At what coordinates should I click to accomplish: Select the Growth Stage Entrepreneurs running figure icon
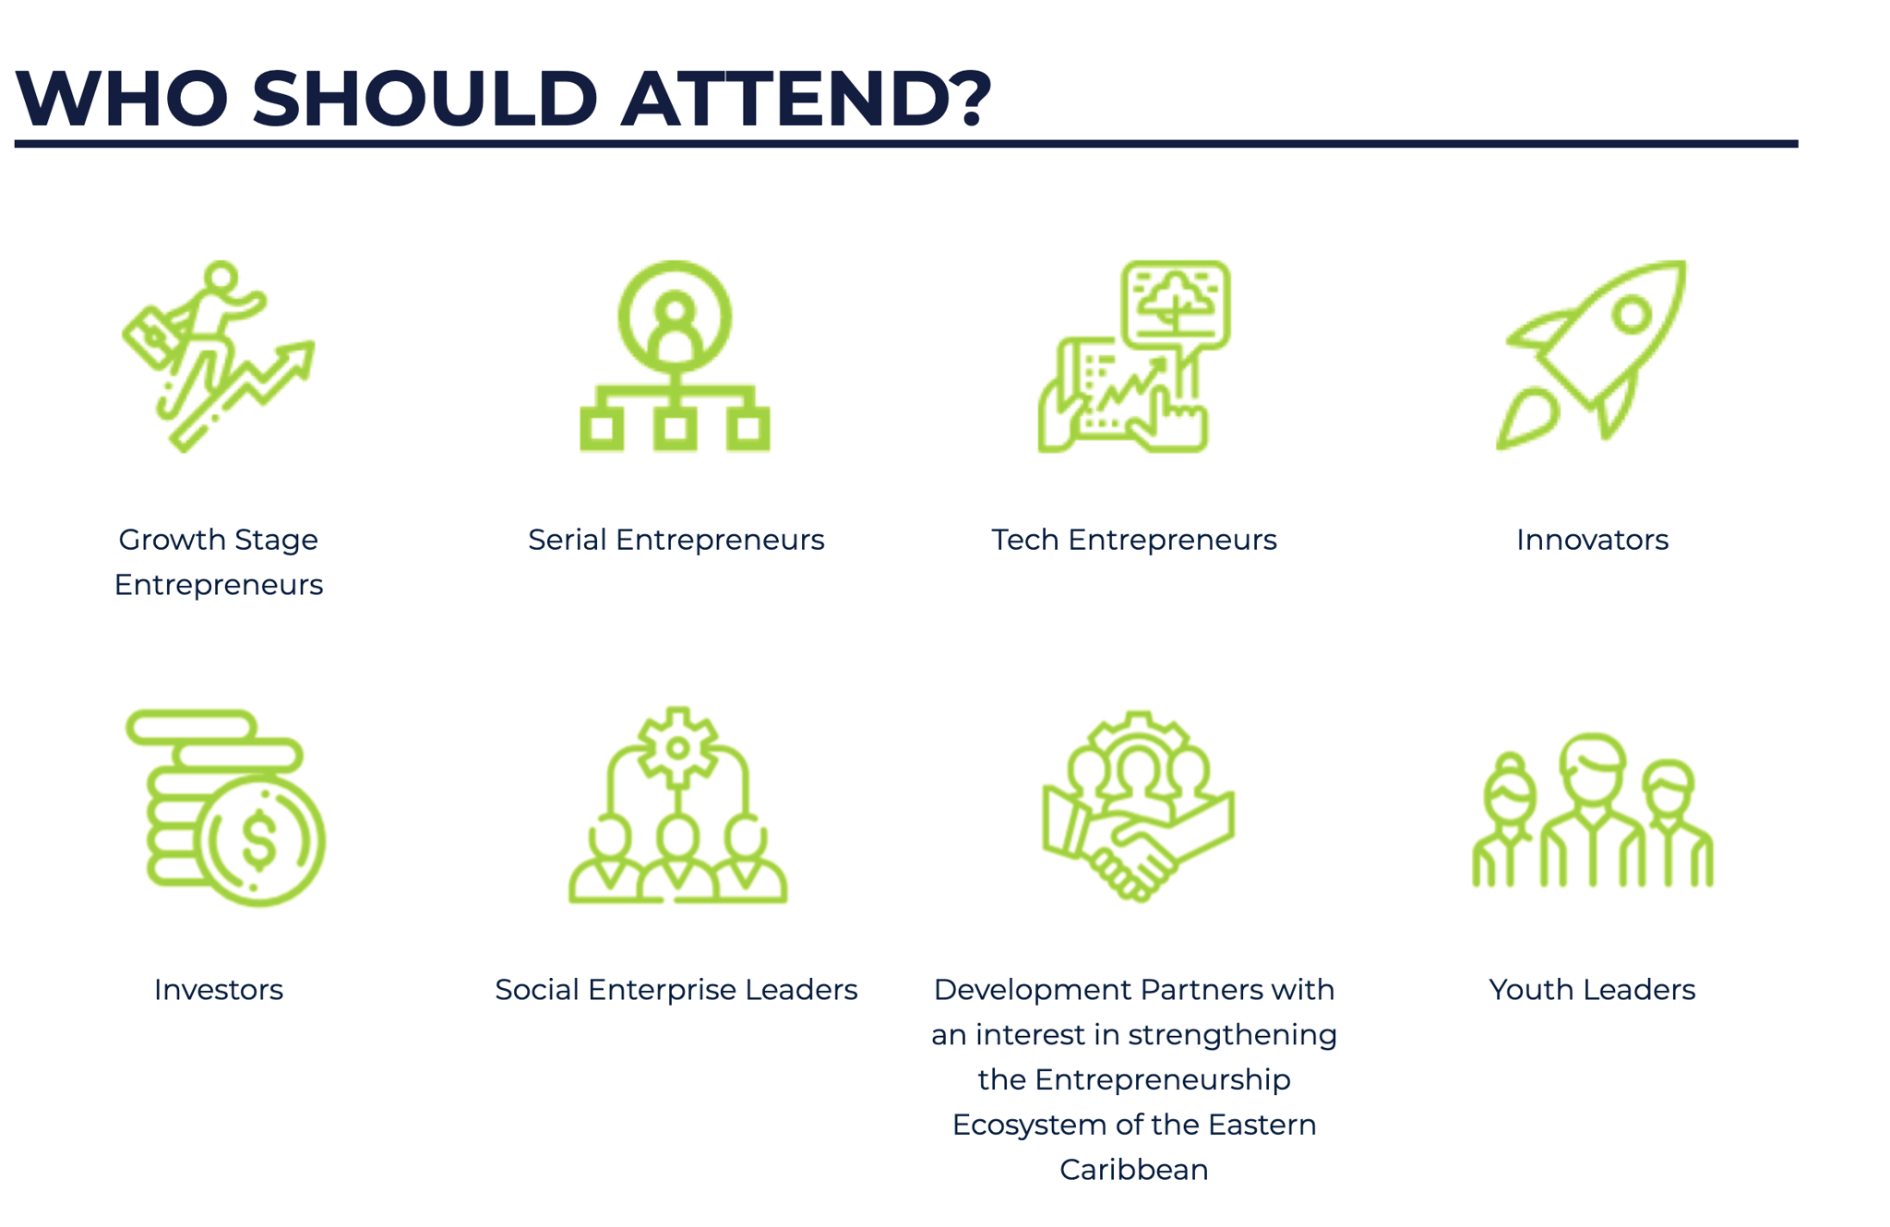pyautogui.click(x=218, y=356)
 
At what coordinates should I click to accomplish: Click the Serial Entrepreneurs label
pyautogui.click(x=676, y=540)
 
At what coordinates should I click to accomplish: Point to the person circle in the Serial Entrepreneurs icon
pyautogui.click(x=676, y=317)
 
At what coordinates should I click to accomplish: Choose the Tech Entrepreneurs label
pyautogui.click(x=1133, y=540)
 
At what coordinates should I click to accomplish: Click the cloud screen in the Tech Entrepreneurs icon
pyautogui.click(x=1176, y=304)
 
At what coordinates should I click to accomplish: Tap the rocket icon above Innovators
pyautogui.click(x=1591, y=354)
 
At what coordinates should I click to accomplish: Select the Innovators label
pyautogui.click(x=1592, y=540)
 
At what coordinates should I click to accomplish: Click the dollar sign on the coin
pyautogui.click(x=258, y=840)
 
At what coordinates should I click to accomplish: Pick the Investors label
pyautogui.click(x=218, y=990)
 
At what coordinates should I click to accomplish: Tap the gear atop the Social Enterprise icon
pyautogui.click(x=678, y=747)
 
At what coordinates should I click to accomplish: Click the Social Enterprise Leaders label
pyautogui.click(x=676, y=990)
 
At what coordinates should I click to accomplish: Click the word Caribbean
pyautogui.click(x=1133, y=1170)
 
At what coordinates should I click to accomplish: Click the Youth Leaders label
pyautogui.click(x=1592, y=990)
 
